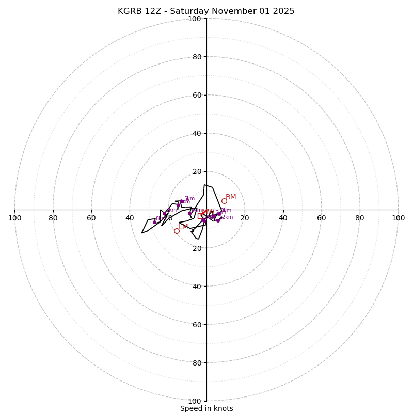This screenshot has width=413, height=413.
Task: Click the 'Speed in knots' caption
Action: [206, 408]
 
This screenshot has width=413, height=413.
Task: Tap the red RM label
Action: [231, 197]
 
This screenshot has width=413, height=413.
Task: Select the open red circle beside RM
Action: [224, 201]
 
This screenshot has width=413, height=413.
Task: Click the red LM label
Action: [183, 227]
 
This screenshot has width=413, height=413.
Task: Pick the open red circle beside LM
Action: [177, 231]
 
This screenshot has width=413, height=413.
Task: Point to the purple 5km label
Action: [189, 199]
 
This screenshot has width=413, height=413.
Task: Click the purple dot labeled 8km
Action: [154, 223]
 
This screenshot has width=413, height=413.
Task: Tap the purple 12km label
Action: [227, 217]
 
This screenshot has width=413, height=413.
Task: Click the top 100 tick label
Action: [195, 19]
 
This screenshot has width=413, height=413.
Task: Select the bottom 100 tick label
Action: [195, 401]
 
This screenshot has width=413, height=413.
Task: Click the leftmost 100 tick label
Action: [15, 218]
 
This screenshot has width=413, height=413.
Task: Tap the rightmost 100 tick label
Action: [398, 218]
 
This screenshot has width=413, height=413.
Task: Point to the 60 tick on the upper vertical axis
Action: [197, 95]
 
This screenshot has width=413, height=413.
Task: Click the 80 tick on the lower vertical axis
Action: [197, 363]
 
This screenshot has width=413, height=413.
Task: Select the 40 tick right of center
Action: [283, 218]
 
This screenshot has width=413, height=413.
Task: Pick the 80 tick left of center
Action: [53, 218]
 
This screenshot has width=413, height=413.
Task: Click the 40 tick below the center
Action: [197, 287]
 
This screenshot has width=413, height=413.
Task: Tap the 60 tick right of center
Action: [322, 218]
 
